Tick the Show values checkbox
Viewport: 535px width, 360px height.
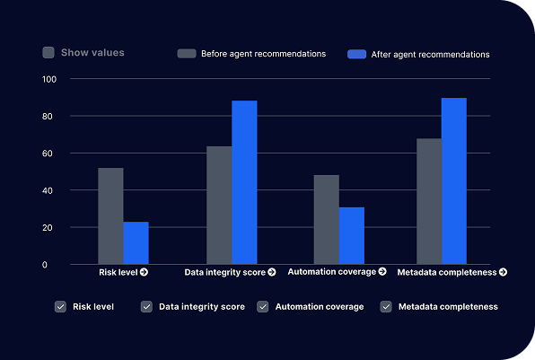(48, 53)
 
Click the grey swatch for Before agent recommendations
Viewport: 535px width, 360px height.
(187, 54)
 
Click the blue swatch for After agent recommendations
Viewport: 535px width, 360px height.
(357, 54)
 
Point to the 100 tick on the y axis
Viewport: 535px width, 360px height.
(49, 79)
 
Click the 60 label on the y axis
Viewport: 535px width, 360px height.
(48, 154)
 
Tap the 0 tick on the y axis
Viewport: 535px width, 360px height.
(45, 265)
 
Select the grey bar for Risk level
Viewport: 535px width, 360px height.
(110, 215)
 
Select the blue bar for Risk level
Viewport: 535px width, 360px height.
(136, 243)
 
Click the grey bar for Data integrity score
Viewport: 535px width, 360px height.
(219, 205)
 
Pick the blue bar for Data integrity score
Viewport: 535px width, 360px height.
(244, 182)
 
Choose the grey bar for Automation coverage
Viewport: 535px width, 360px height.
(327, 219)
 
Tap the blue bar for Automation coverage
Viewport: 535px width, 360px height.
(352, 235)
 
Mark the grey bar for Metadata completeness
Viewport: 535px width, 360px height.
(429, 201)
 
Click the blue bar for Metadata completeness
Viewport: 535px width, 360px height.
(454, 180)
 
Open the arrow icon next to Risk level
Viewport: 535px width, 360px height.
(144, 272)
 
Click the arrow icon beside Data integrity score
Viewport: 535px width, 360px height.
(272, 272)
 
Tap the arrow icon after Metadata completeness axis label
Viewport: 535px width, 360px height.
(503, 272)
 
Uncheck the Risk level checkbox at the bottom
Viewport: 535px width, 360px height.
(60, 306)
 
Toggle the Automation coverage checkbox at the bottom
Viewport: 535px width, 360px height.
(263, 306)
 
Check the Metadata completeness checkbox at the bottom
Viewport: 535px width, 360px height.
(386, 306)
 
